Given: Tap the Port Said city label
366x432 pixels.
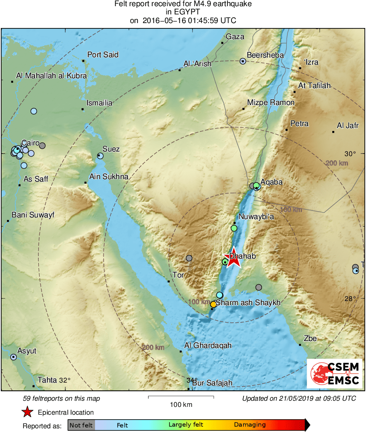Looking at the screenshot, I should coord(103,54).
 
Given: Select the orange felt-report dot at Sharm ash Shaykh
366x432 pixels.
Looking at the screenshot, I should coord(213,304).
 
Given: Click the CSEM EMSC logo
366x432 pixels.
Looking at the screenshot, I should coord(334,374).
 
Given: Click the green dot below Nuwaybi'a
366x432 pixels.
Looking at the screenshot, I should coord(234,228).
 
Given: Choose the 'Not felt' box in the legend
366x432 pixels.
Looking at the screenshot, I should coord(81,425).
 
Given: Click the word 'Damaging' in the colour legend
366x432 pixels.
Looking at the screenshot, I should coord(250,425).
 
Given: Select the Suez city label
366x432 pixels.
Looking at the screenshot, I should coord(111,149).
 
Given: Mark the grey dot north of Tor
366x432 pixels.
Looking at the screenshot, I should coord(189,258).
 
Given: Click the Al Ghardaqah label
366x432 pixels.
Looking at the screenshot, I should coord(208,346).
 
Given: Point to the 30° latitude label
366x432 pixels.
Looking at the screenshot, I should coord(350,154).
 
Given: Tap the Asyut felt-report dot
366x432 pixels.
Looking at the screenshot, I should coord(14,357).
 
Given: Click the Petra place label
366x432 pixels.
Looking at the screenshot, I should coord(299,124).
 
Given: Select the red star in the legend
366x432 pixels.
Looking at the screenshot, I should coord(27,412).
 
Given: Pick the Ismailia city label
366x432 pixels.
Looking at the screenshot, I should coord(100,103).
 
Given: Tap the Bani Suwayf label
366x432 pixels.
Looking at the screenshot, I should coord(33,215).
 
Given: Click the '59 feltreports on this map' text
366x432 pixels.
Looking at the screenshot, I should coord(62,399).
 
